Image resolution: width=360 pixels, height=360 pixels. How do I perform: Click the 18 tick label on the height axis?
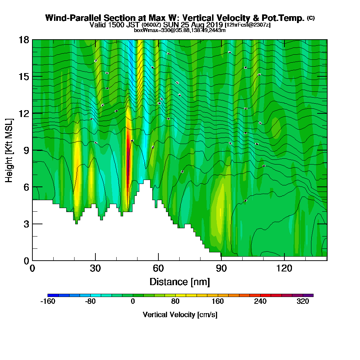pos(24,40)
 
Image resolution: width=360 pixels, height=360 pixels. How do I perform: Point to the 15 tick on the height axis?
pos(24,77)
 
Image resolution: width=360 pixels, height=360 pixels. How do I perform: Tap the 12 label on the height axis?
pos(24,113)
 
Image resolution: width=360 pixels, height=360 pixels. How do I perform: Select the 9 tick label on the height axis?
pos(26,150)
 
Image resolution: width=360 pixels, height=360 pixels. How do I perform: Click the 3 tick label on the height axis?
pos(26,224)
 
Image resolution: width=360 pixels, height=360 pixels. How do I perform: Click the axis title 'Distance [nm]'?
pos(180,281)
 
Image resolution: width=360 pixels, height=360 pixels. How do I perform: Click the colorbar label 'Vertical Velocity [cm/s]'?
pos(180,315)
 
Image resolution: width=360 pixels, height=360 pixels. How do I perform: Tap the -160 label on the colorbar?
pos(48,302)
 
